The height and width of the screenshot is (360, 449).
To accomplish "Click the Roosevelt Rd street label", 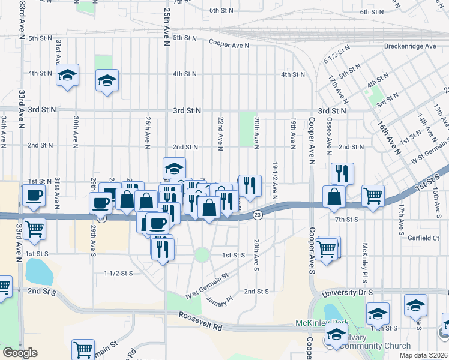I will click(x=200, y=319).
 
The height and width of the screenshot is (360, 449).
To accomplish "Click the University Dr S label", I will click(x=347, y=292).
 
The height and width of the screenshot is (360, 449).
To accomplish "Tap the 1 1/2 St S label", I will click(x=118, y=273).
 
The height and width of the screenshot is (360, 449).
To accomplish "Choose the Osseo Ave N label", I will click(x=329, y=135).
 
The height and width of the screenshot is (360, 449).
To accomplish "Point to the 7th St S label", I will click(x=346, y=220).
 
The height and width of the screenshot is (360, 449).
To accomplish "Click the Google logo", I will click(x=20, y=352).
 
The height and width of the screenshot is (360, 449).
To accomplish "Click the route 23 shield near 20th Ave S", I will click(x=257, y=215).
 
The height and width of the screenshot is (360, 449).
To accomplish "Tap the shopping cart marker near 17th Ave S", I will click(x=373, y=196).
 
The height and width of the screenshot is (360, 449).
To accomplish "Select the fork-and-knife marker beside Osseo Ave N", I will click(x=342, y=173).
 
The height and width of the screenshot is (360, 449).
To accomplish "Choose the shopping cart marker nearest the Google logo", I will click(x=83, y=349).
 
